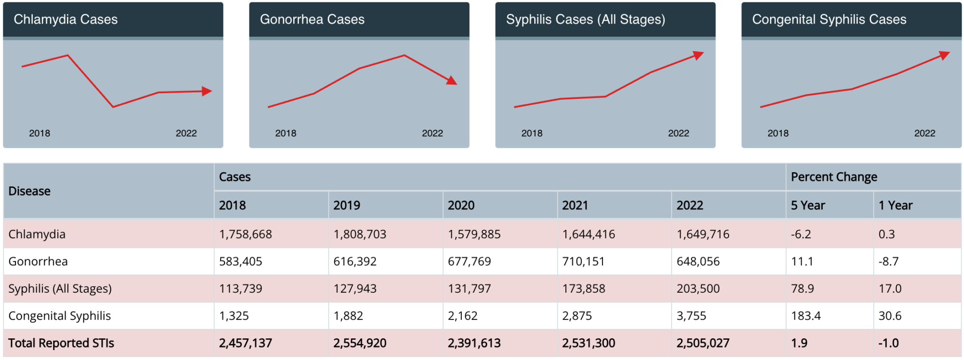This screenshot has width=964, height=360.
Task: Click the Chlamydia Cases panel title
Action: click(65, 19)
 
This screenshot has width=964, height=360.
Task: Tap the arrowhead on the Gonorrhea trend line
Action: click(452, 81)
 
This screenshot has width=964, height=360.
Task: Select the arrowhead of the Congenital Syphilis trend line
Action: click(944, 56)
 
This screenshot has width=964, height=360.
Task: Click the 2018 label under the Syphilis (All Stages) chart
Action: click(532, 133)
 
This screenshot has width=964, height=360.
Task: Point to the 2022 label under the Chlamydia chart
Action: click(186, 133)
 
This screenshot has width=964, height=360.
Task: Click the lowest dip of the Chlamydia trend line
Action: click(113, 107)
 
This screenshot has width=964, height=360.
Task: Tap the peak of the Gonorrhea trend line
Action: click(404, 56)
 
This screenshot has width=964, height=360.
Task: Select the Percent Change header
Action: click(834, 177)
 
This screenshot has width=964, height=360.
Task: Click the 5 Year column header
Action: click(808, 205)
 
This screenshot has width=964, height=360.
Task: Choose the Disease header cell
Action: click(29, 191)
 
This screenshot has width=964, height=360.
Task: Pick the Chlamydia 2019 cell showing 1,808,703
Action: click(360, 234)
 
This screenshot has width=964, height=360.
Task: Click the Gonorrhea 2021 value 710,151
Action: click(583, 261)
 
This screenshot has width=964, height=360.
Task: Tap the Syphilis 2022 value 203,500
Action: click(698, 288)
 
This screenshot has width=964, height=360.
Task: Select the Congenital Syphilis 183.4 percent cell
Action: click(806, 316)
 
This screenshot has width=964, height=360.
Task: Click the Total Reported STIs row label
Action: click(61, 343)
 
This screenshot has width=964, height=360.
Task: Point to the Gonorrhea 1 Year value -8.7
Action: click(888, 261)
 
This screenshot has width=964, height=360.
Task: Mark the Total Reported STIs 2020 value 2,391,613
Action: click(474, 343)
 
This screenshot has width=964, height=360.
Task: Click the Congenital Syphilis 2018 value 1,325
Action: click(234, 316)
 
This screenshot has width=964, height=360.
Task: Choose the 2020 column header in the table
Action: click(461, 205)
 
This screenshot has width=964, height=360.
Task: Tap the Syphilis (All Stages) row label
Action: click(60, 288)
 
